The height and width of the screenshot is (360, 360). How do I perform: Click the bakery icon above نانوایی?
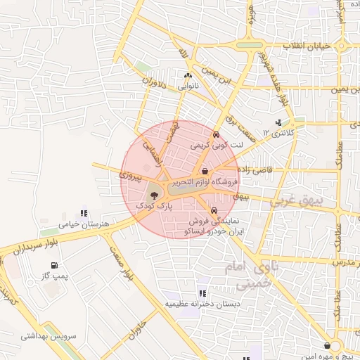pos(187,76)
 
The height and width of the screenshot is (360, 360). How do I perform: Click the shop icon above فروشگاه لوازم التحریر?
pos(205,171)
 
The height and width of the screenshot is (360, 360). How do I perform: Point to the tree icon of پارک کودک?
pos(154,195)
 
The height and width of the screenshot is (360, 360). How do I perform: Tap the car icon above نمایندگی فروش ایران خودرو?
pos(213,209)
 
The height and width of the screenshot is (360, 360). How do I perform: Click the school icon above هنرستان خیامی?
pos(84,213)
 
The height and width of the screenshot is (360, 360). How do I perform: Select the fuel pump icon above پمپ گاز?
pos(53,266)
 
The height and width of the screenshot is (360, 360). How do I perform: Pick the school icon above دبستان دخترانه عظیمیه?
pos(202,292)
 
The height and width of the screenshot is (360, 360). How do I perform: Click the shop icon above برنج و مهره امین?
pos(328,345)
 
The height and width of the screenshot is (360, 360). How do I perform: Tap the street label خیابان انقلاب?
pos(306,46)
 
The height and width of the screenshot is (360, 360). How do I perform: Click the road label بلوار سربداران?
pos(32,245)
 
